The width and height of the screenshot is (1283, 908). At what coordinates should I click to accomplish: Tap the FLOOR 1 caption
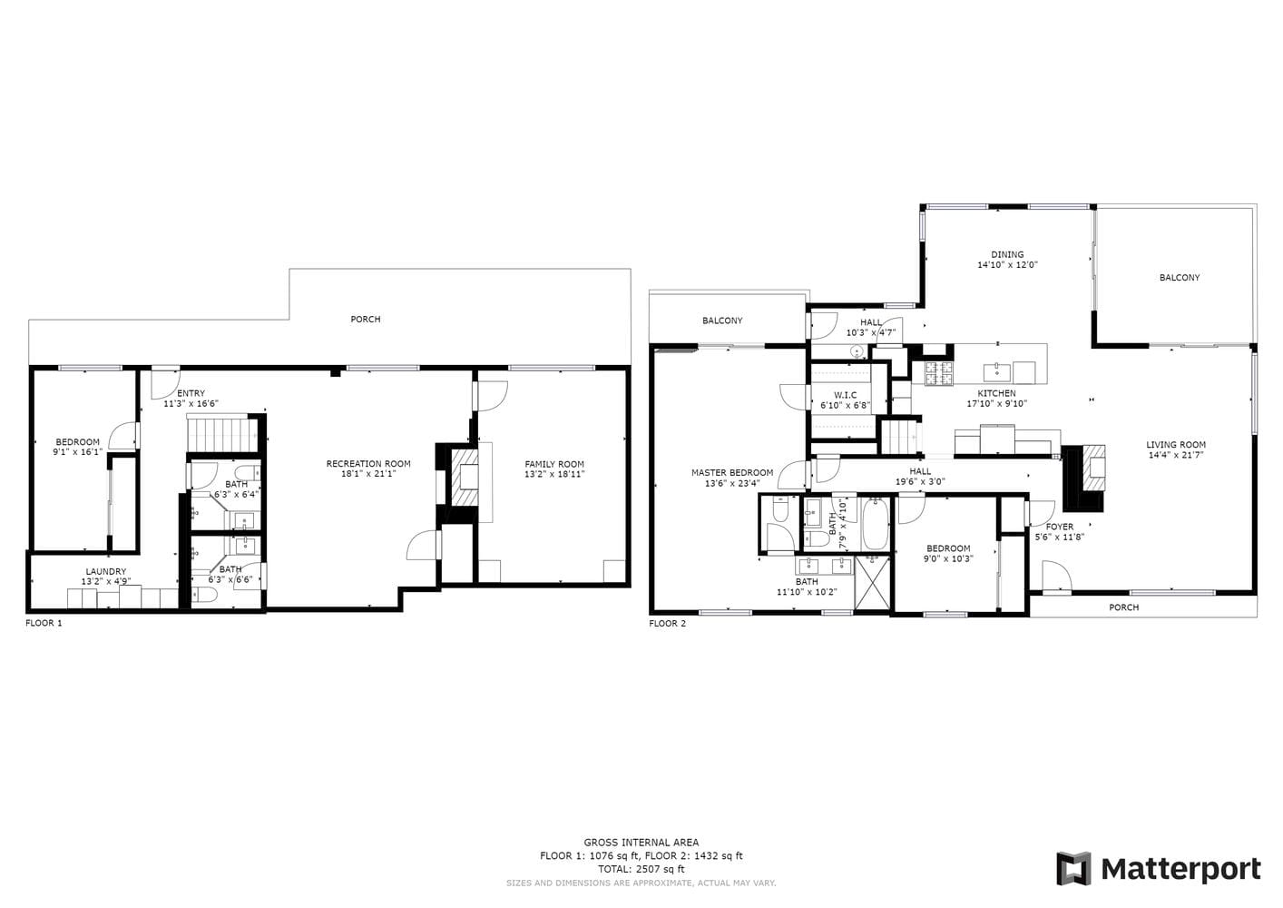[x=44, y=623]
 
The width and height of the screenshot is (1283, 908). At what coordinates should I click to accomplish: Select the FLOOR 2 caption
[x=667, y=624]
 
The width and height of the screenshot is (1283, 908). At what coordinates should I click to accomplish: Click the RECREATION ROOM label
[x=368, y=464]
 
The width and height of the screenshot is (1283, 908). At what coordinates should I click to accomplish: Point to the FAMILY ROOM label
[x=554, y=464]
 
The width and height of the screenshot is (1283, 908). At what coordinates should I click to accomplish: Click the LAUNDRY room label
[x=106, y=571]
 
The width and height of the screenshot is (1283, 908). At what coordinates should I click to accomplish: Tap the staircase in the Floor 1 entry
[x=221, y=435]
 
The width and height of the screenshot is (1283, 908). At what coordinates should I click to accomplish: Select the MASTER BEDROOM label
[x=732, y=473]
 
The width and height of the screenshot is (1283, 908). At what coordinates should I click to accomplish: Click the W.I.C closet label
[x=846, y=395]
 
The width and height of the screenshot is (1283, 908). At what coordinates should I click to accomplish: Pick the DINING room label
[x=1007, y=254]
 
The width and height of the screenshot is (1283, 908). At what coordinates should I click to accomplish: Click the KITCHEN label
[x=996, y=393]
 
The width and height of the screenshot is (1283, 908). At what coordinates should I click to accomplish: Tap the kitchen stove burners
[x=939, y=373]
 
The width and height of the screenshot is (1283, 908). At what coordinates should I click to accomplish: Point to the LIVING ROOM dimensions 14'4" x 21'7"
[x=1176, y=455]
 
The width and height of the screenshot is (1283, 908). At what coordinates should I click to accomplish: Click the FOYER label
[x=1060, y=527]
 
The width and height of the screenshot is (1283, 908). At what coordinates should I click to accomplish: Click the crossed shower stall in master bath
[x=872, y=584]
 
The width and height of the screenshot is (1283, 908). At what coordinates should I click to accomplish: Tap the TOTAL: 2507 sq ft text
[x=641, y=869]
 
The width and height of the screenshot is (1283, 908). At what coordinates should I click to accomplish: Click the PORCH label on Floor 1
[x=366, y=320]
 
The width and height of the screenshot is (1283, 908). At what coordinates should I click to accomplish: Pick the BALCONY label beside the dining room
[x=1180, y=278]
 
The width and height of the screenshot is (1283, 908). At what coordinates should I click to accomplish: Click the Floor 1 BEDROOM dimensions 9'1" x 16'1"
[x=78, y=451]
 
